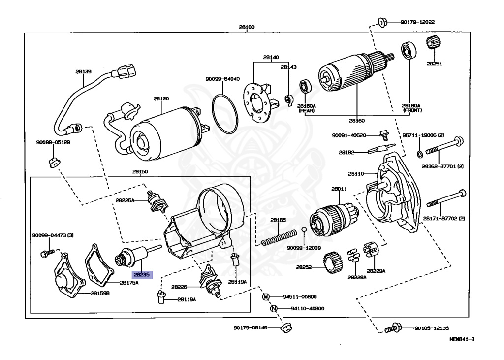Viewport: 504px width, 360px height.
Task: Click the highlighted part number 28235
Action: (141, 275)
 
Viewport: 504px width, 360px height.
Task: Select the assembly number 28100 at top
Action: (247, 27)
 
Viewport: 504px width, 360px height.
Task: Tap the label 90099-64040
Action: (222, 79)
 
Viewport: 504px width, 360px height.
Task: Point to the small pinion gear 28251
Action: (434, 45)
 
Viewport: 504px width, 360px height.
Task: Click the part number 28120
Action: (161, 99)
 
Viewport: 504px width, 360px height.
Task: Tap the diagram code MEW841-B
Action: (462, 340)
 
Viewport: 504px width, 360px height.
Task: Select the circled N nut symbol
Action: (274, 309)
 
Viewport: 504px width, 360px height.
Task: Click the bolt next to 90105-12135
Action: (392, 327)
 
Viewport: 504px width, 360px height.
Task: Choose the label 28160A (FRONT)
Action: (411, 108)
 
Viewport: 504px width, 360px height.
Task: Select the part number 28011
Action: (339, 189)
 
